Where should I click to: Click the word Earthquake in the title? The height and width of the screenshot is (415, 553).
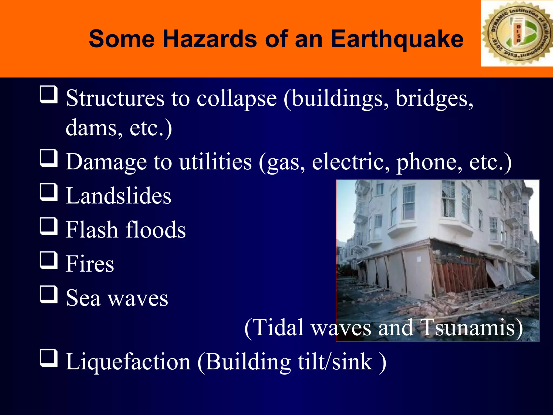tap(397, 39)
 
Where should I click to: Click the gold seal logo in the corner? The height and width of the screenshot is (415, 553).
tap(517, 34)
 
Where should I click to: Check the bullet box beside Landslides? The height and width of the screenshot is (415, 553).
tap(49, 192)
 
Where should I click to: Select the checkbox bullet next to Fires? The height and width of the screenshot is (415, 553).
tap(49, 260)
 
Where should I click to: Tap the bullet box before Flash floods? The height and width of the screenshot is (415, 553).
tap(49, 226)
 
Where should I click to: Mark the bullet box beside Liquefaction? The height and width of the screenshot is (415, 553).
tap(49, 358)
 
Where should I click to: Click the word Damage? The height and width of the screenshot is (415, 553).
tap(106, 162)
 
